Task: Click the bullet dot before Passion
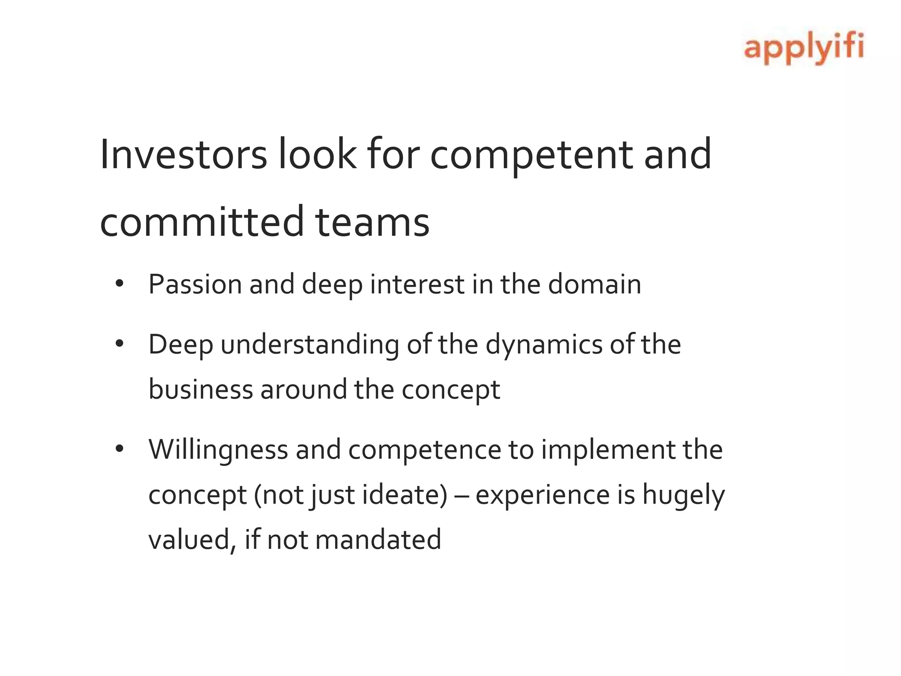119,284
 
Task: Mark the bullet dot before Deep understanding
119,344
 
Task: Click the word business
201,389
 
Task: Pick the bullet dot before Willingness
119,449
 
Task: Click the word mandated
378,540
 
